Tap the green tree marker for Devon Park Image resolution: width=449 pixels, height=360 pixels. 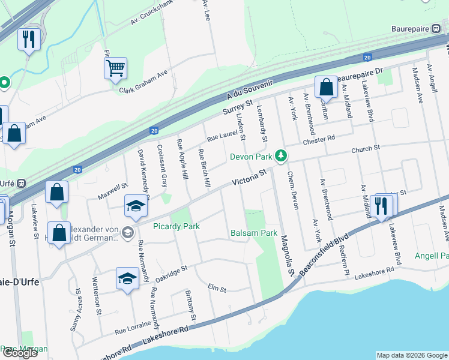pyautogui.click(x=279, y=157)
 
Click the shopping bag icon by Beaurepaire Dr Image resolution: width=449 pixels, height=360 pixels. pyautogui.click(x=326, y=88)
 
